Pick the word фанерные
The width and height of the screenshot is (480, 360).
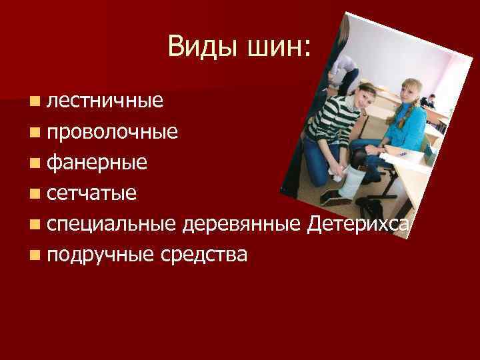(98, 162)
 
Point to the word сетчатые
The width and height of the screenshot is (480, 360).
(93, 193)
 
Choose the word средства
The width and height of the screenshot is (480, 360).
(207, 255)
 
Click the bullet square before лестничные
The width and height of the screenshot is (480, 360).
(34, 101)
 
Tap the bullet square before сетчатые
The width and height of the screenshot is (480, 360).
(34, 194)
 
